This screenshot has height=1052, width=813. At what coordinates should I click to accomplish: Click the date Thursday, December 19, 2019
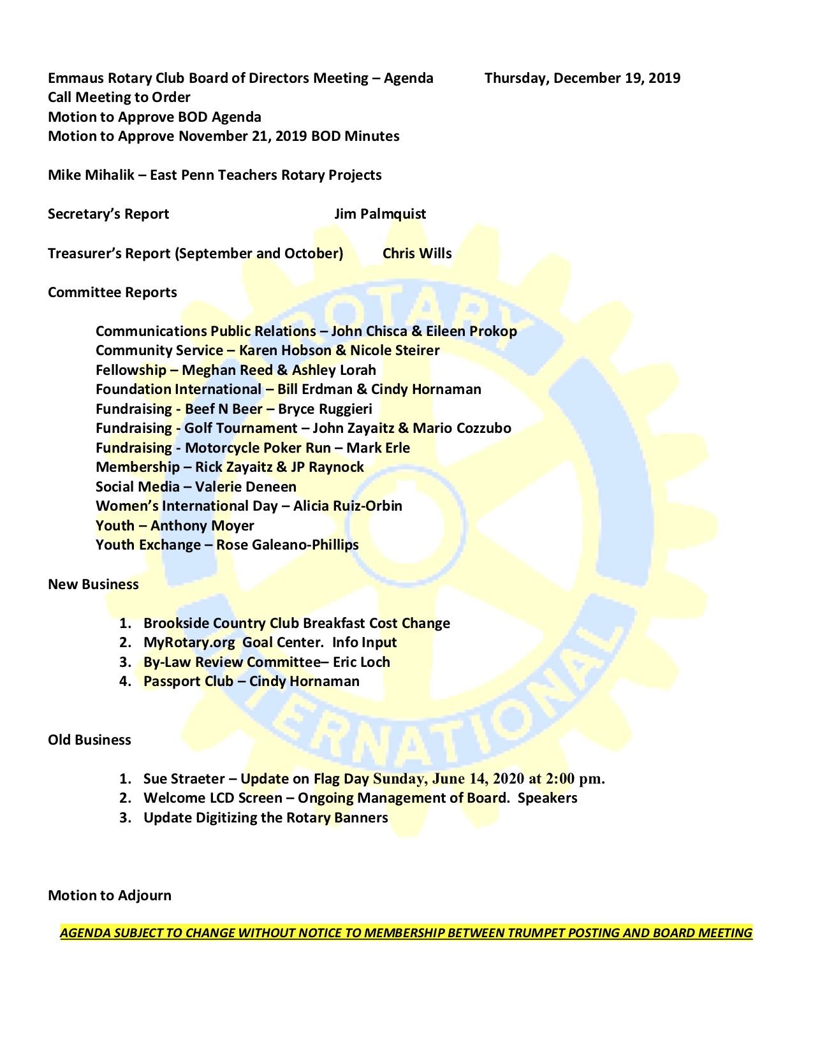(x=582, y=78)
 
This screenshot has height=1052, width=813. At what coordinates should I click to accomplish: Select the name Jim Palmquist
(x=380, y=214)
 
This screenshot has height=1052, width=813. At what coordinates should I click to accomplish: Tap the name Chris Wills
(x=417, y=254)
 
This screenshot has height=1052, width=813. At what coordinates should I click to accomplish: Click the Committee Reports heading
(x=112, y=293)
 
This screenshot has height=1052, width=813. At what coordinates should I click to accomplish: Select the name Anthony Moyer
(x=202, y=526)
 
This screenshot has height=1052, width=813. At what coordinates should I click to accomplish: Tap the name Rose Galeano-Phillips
(x=288, y=545)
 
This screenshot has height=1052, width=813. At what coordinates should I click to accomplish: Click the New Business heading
(x=93, y=585)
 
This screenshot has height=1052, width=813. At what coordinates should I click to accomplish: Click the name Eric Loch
(x=361, y=662)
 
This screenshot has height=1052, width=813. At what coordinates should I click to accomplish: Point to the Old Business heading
(x=89, y=740)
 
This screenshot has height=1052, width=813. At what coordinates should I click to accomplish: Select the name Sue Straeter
(x=184, y=779)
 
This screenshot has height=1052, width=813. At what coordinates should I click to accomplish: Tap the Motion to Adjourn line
(x=110, y=896)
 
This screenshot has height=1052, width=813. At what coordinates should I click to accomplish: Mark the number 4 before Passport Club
(x=124, y=682)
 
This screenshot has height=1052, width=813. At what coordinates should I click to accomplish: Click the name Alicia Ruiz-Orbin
(x=348, y=506)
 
